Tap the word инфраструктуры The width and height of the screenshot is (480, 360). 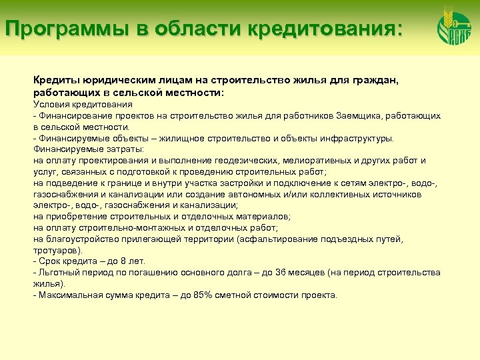pyautogui.click(x=357, y=139)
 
